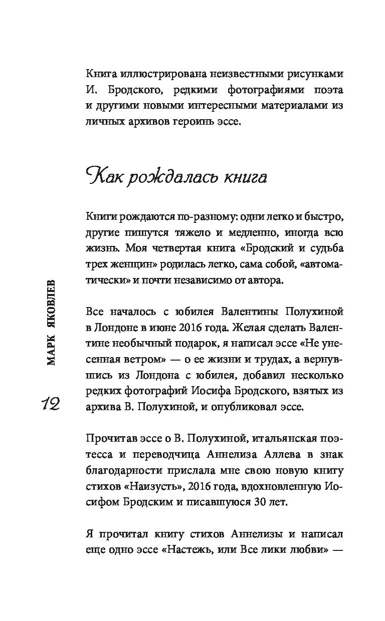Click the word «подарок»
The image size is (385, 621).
click(202, 344)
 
